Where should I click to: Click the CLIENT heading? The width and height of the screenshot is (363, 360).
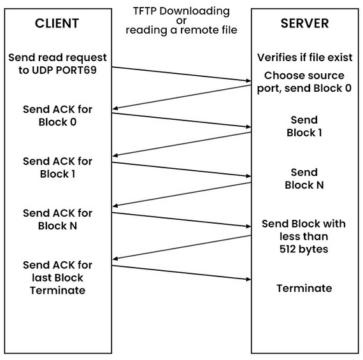[x=57, y=24]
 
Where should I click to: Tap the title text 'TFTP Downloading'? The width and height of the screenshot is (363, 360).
[x=181, y=11]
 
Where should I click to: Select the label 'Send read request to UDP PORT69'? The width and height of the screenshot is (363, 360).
[x=57, y=64]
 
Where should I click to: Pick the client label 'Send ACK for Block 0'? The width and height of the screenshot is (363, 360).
[x=57, y=115]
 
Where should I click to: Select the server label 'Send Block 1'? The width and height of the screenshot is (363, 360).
[x=304, y=126]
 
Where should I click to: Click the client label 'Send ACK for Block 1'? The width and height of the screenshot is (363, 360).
[x=57, y=167]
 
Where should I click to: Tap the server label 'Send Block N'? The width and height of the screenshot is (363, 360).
[x=304, y=178]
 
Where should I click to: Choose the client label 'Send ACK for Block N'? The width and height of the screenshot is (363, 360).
[x=57, y=219]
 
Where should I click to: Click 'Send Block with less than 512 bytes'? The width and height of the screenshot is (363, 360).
[x=304, y=236]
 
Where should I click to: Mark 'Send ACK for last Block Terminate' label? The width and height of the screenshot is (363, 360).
[x=57, y=277]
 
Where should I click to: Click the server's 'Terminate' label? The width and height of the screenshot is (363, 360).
[x=304, y=288]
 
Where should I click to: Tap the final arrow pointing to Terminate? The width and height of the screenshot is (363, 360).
[x=181, y=272]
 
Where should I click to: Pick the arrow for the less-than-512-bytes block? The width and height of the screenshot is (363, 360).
[x=181, y=247]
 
